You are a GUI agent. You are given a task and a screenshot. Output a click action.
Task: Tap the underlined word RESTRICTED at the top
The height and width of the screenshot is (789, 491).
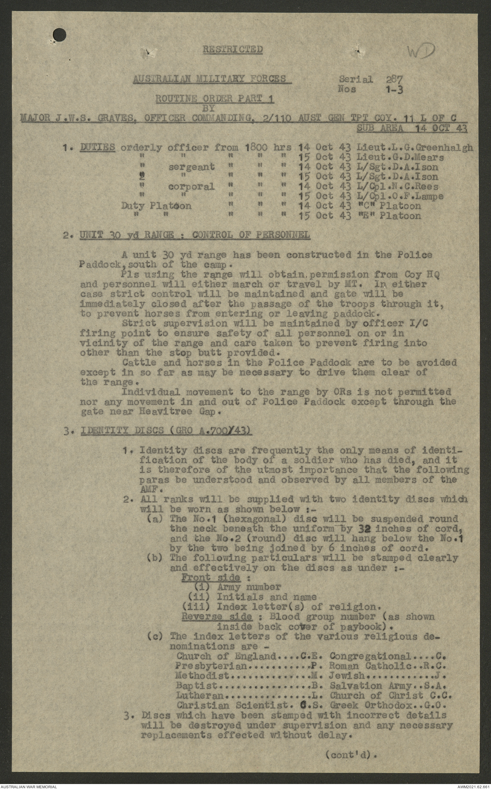point(233,49)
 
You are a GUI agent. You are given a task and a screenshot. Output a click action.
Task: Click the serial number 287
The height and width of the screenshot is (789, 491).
point(394,79)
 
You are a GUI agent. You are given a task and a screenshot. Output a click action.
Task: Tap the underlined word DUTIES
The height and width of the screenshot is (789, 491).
point(98,147)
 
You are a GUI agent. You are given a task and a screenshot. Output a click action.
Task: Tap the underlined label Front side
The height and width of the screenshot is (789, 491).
point(211,578)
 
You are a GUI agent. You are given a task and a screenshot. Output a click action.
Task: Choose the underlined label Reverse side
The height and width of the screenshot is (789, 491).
point(217,617)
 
